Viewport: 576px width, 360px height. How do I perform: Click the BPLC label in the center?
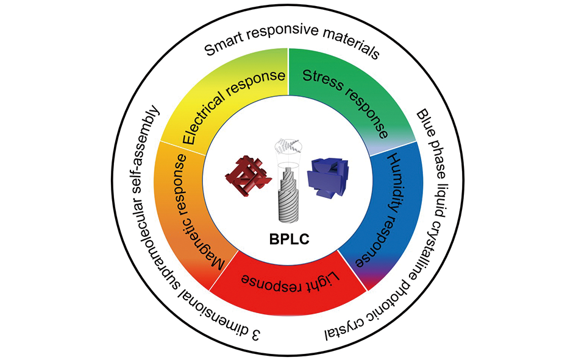click(289, 239)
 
